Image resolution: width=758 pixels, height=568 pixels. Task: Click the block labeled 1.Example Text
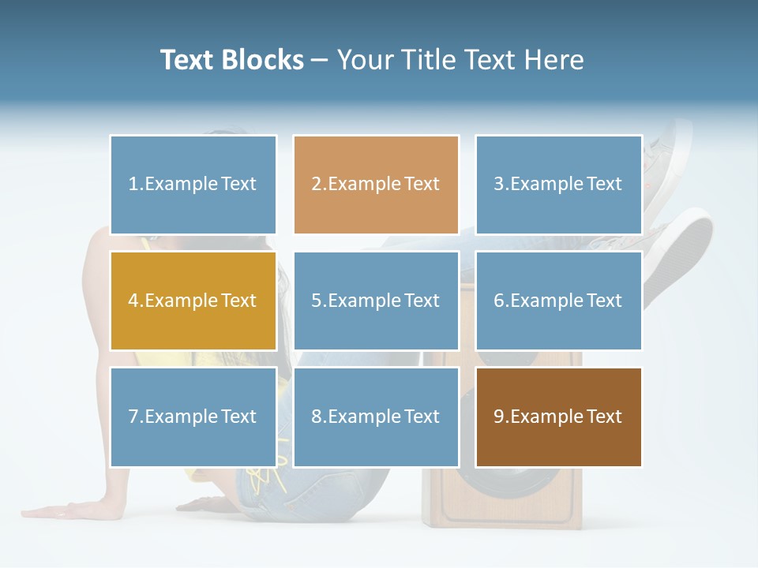click(x=193, y=185)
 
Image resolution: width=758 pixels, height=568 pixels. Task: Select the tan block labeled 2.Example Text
click(x=376, y=185)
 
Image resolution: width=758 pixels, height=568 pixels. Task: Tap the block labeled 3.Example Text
click(x=558, y=185)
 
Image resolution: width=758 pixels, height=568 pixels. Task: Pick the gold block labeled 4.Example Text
click(x=193, y=301)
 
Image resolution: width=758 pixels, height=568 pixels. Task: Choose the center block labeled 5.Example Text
click(x=376, y=301)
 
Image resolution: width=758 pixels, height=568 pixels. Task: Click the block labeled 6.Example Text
click(x=558, y=301)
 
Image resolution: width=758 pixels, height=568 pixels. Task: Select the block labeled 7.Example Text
click(x=193, y=417)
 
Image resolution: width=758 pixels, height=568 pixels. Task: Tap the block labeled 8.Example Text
click(x=376, y=417)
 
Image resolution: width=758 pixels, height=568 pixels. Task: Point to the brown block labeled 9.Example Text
click(x=558, y=417)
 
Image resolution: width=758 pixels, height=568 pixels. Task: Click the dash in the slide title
click(x=320, y=61)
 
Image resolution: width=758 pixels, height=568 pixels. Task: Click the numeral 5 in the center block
click(x=316, y=301)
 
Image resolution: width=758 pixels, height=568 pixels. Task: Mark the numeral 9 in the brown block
click(x=499, y=417)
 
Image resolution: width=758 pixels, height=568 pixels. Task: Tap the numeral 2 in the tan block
click(x=316, y=185)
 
